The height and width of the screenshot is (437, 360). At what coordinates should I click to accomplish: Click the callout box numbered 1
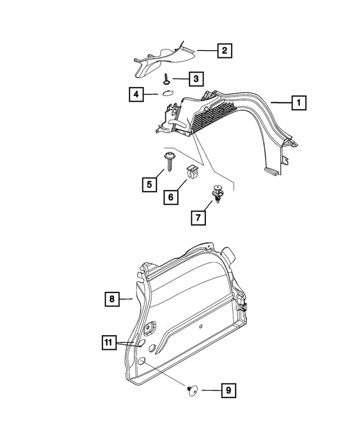click(x=298, y=103)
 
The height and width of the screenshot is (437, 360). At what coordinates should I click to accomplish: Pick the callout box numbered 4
click(x=135, y=94)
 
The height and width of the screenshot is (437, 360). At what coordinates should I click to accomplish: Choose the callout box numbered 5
click(x=150, y=184)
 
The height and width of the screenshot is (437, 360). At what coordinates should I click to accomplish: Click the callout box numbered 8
click(x=112, y=300)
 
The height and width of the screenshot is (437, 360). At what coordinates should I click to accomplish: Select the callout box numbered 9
click(x=228, y=390)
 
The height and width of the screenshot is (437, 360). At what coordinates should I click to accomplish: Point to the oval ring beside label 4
click(x=167, y=93)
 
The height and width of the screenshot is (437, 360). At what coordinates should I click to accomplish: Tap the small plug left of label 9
click(x=191, y=389)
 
